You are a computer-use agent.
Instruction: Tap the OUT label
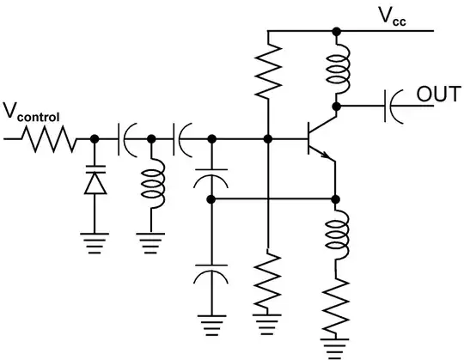[437, 92]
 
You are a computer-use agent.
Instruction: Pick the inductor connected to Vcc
[336, 69]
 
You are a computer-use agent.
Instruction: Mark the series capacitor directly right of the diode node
[126, 138]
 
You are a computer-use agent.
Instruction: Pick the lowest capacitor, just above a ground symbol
[210, 278]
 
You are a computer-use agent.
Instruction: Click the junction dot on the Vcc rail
[336, 31]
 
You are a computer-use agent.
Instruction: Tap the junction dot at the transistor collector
[336, 106]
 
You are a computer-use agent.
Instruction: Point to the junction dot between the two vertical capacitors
[210, 199]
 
